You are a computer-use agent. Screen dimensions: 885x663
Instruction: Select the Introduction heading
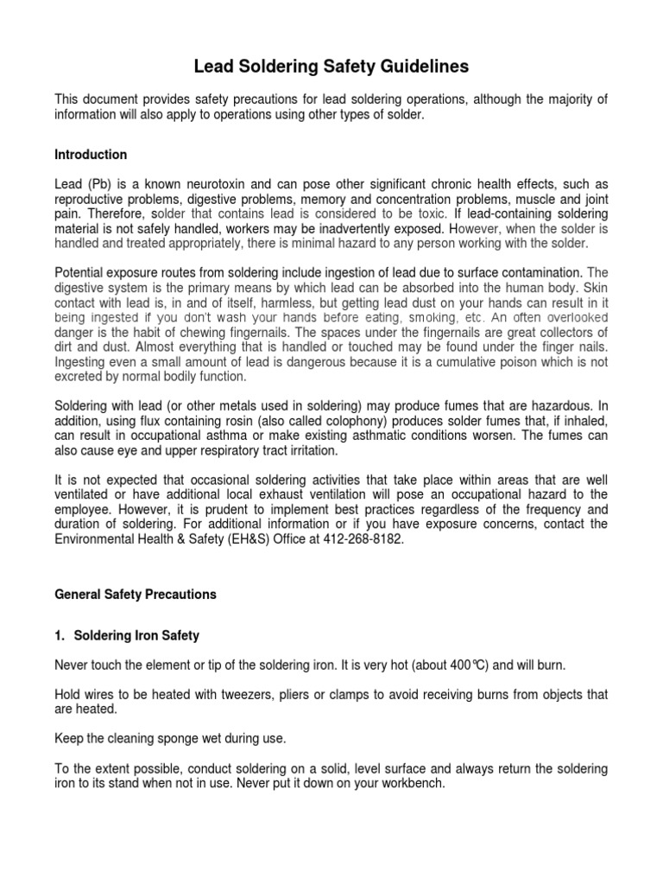point(91,155)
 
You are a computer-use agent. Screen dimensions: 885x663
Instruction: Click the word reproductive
point(89,199)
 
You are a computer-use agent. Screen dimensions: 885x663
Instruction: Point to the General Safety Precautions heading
point(136,595)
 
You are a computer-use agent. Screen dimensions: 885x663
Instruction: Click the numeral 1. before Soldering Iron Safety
point(60,635)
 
